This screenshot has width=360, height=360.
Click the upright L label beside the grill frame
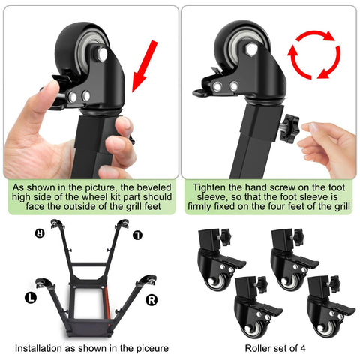pyautogui.click(x=31, y=297)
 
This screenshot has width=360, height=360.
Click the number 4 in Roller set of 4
pyautogui.click(x=305, y=348)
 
